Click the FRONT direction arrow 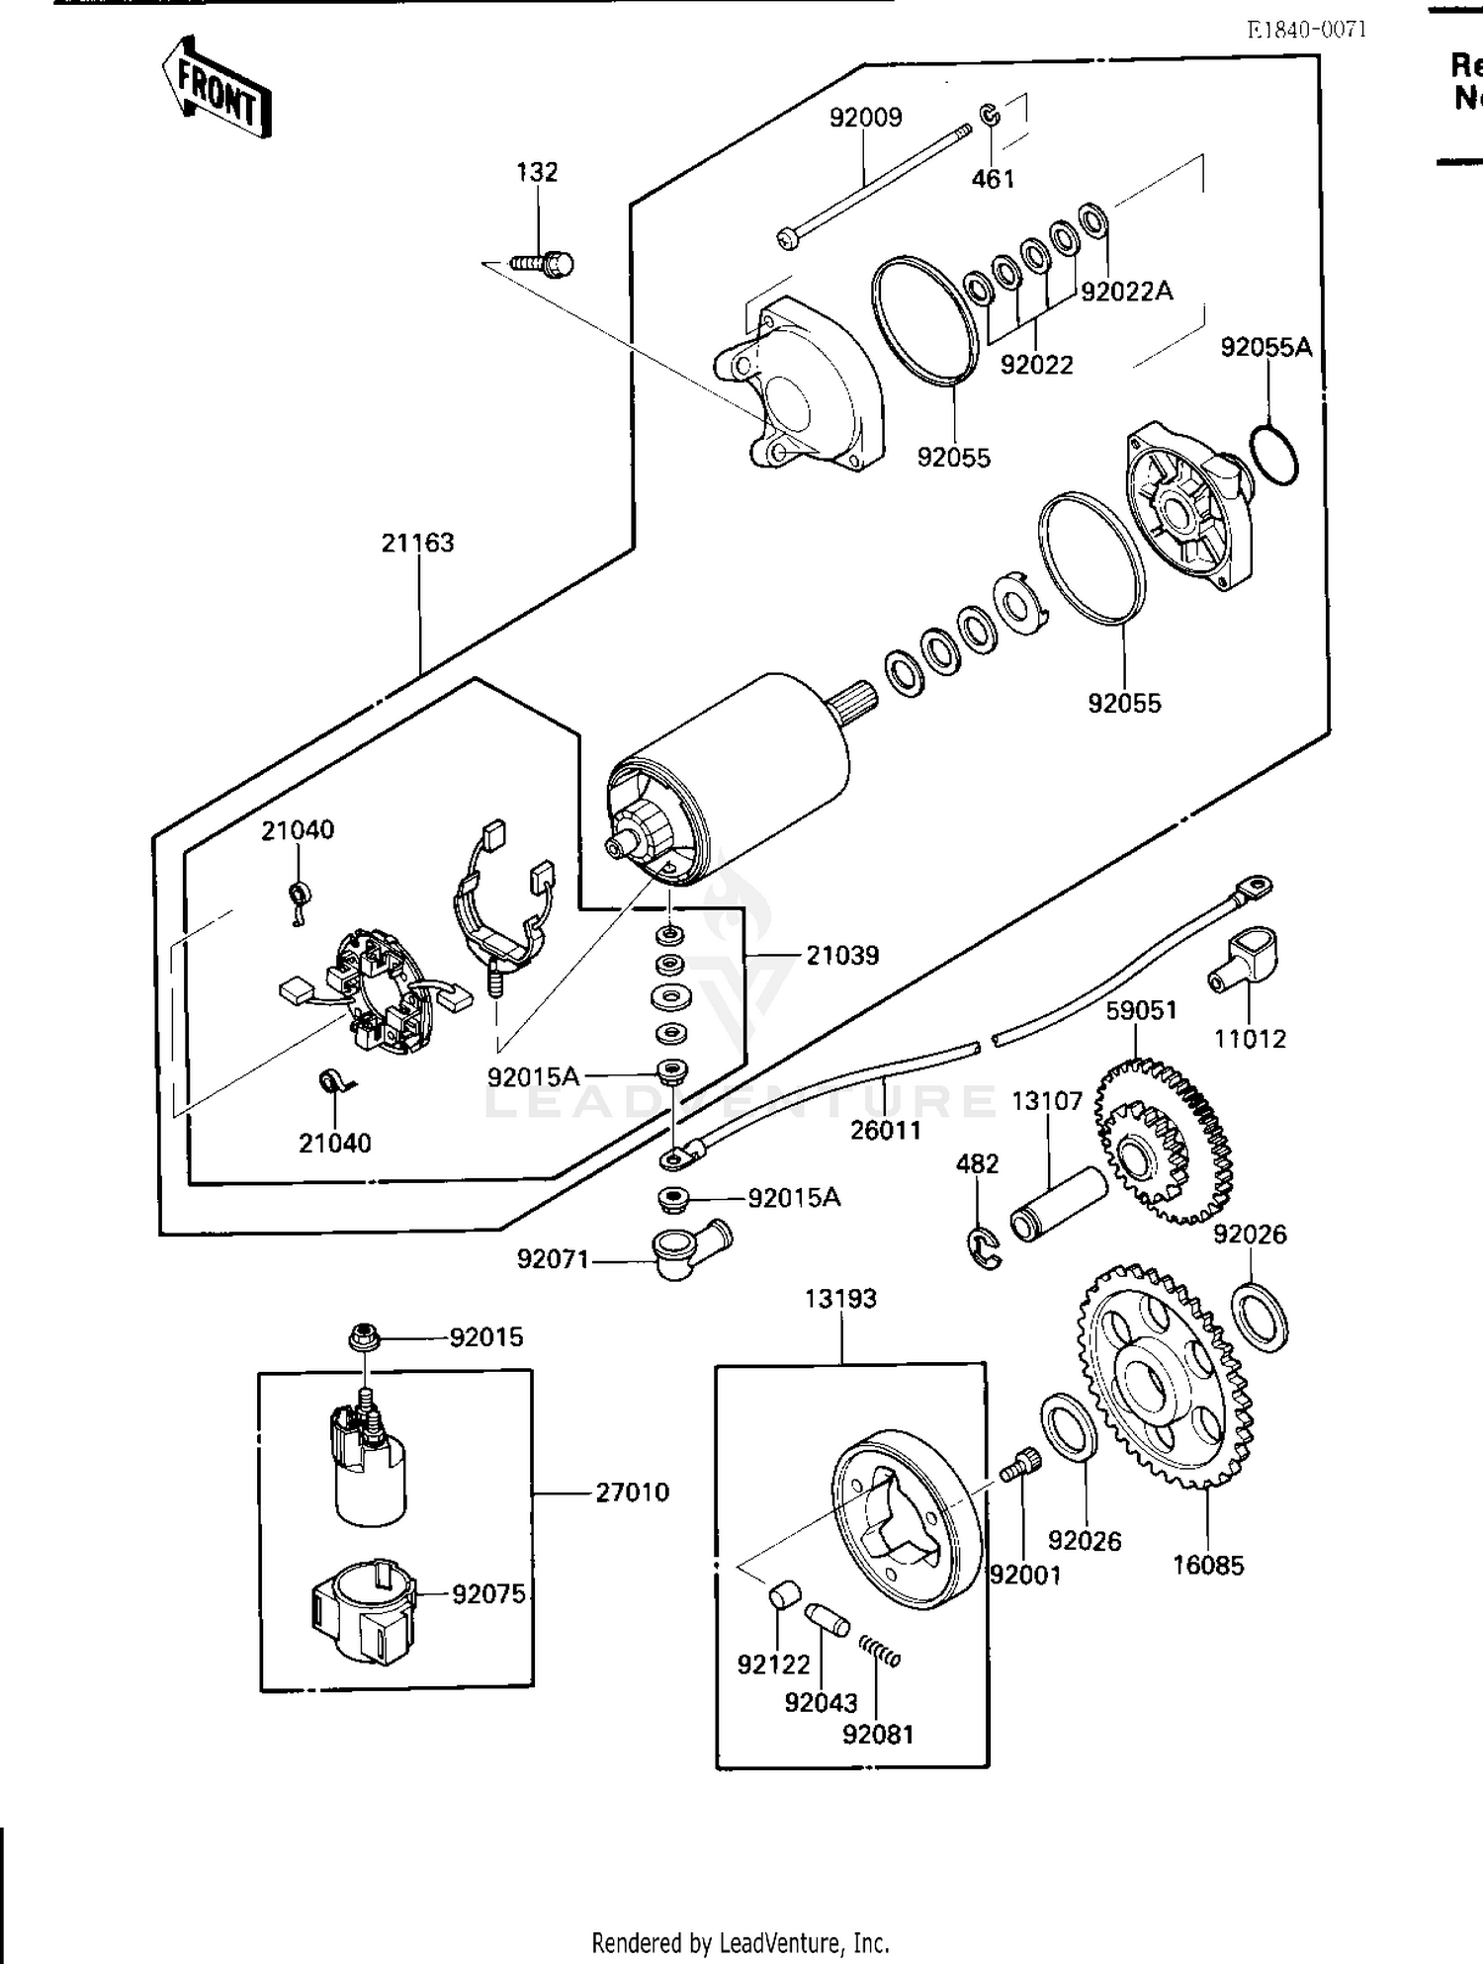[x=216, y=87]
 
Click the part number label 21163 [x=417, y=543]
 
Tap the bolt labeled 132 [x=545, y=264]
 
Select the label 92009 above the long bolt [x=865, y=118]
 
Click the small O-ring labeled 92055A [x=1273, y=454]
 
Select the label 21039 [x=841, y=956]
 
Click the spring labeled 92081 [x=878, y=1652]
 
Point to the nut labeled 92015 [x=363, y=1338]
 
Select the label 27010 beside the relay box [x=632, y=1492]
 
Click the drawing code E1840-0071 [x=1306, y=29]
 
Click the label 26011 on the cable [x=885, y=1130]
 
